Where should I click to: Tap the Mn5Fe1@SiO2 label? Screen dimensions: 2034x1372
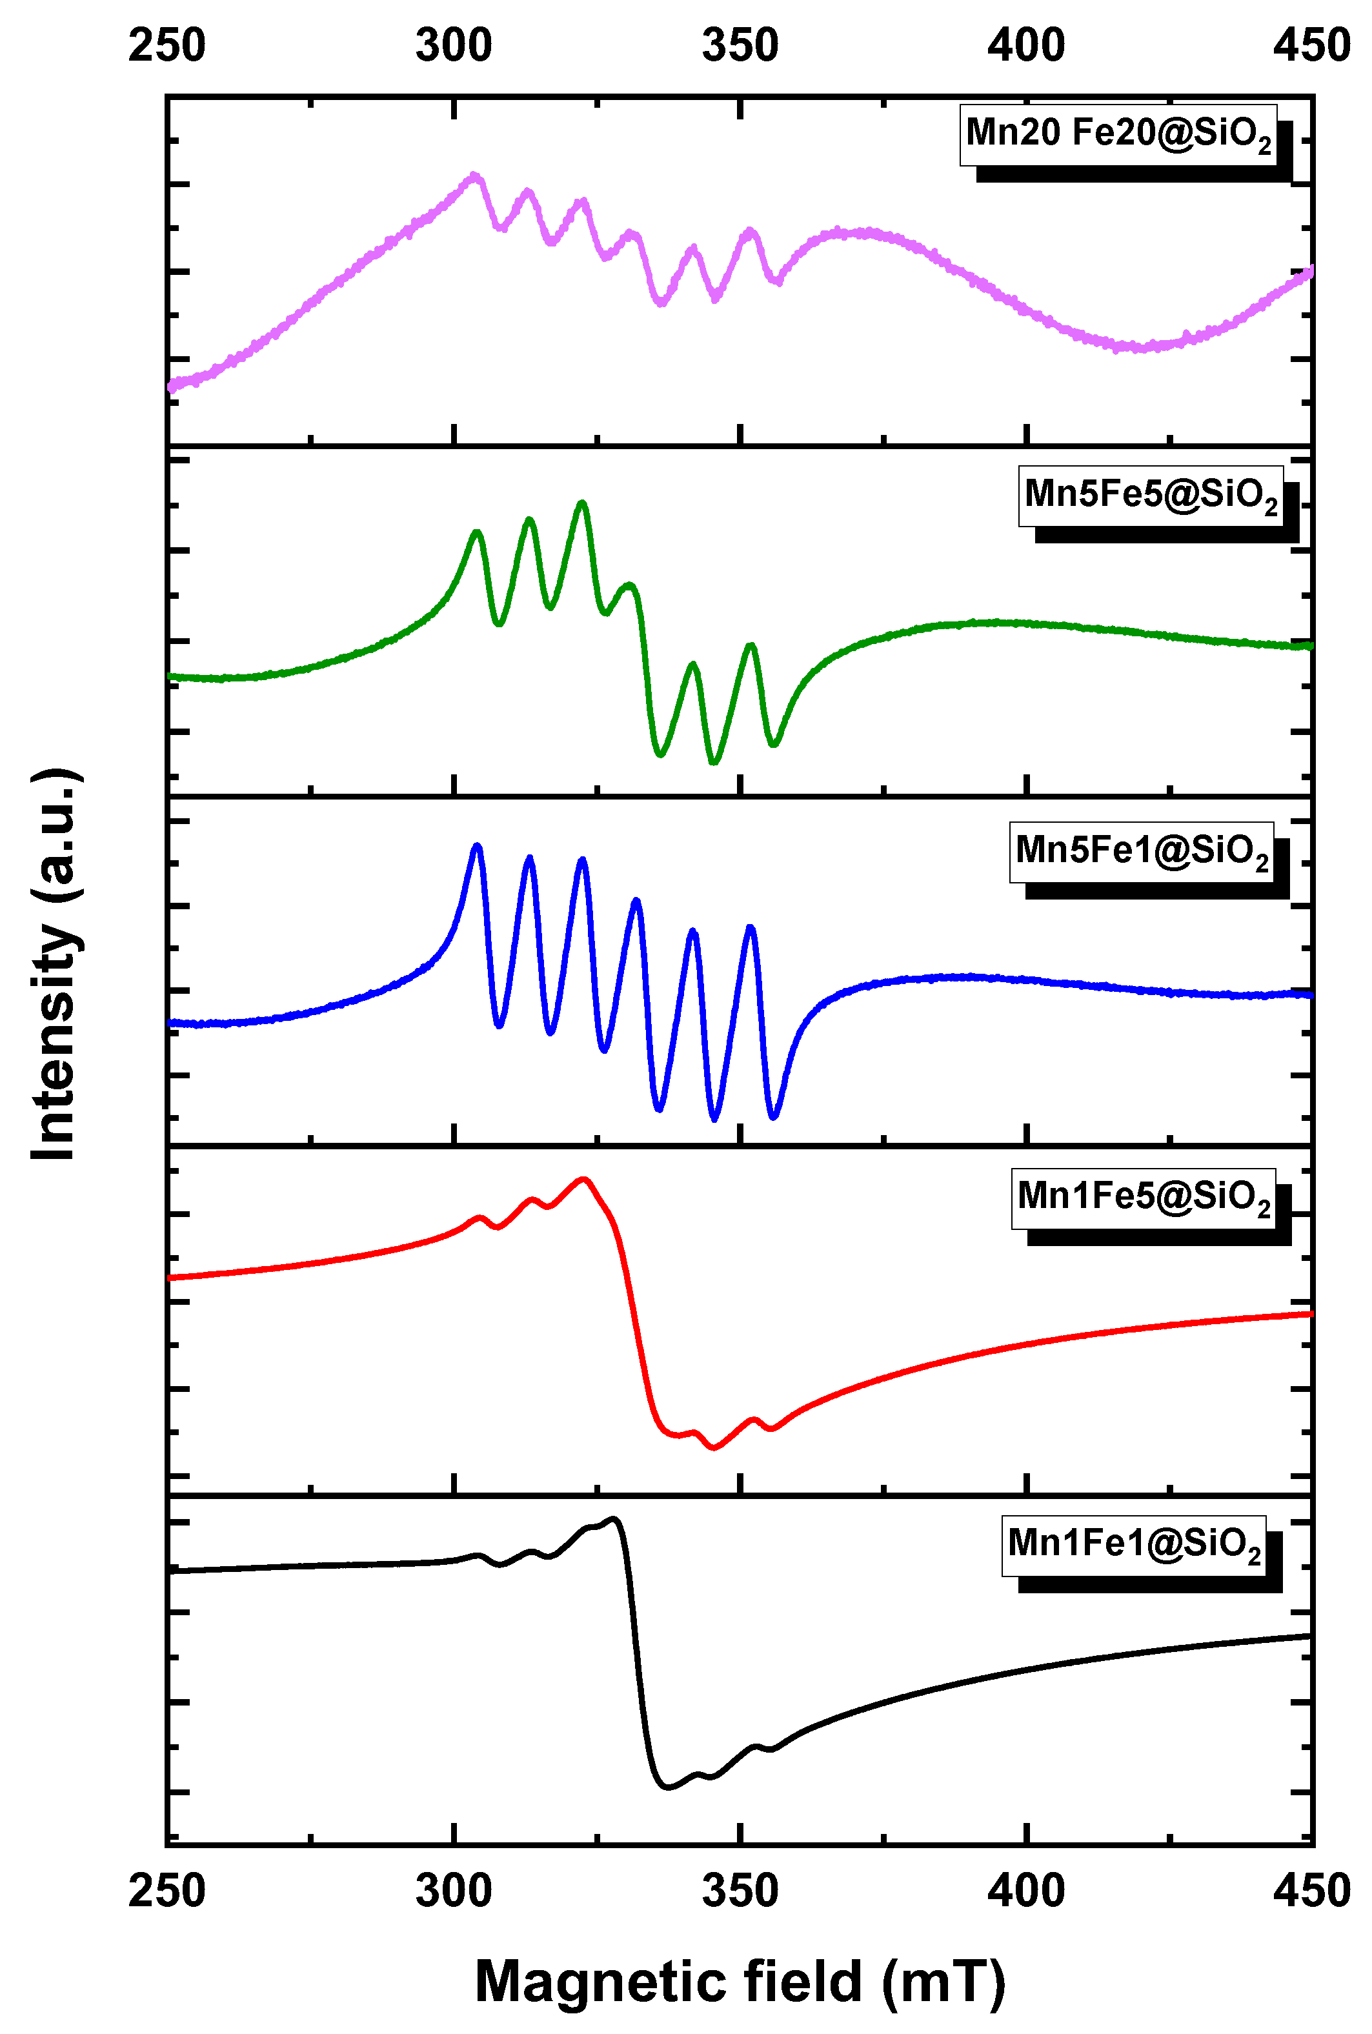coord(1140,852)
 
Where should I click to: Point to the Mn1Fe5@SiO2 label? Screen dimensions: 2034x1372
coord(1143,1198)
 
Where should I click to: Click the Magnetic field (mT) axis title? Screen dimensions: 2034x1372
coord(740,1980)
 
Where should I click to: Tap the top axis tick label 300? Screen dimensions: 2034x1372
coord(453,45)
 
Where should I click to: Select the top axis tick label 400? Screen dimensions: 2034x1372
coord(1025,45)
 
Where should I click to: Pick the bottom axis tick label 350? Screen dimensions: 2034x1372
coord(740,1891)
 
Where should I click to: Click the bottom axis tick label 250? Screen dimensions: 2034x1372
coord(167,1891)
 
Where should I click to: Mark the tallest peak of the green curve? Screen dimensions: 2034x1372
coord(582,504)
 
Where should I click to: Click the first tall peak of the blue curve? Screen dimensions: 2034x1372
coord(477,846)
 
